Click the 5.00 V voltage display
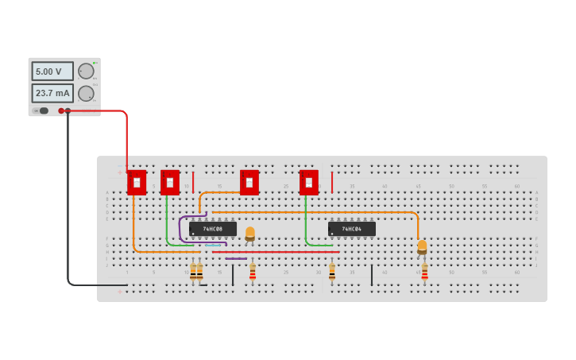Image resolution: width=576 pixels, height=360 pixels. click(x=52, y=72)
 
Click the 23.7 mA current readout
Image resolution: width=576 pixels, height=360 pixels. click(x=52, y=93)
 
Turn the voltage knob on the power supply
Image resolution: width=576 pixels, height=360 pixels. click(x=86, y=71)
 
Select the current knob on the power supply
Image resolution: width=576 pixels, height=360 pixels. click(x=86, y=93)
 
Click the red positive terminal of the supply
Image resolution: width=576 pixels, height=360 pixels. click(x=61, y=110)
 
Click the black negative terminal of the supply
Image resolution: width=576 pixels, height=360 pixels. click(x=68, y=110)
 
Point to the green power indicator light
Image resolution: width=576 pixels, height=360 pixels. click(x=95, y=62)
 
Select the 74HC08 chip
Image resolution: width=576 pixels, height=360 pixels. click(x=213, y=229)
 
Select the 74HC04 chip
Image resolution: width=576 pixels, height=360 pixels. click(x=352, y=229)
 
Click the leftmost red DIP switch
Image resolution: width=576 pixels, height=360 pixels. click(x=137, y=182)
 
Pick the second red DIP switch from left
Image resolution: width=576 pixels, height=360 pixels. click(x=170, y=182)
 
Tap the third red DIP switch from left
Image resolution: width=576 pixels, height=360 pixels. click(x=249, y=182)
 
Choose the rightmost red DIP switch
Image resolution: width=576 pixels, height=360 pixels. click(x=309, y=182)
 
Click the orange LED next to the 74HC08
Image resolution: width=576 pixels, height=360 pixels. click(x=250, y=233)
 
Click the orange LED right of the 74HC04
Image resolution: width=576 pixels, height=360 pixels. click(x=422, y=246)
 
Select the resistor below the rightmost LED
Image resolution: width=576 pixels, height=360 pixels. click(x=424, y=273)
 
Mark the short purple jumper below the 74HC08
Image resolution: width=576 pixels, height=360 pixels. click(x=235, y=258)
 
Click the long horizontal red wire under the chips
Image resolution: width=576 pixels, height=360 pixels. click(x=278, y=252)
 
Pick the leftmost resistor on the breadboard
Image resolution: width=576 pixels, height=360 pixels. click(x=193, y=273)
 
